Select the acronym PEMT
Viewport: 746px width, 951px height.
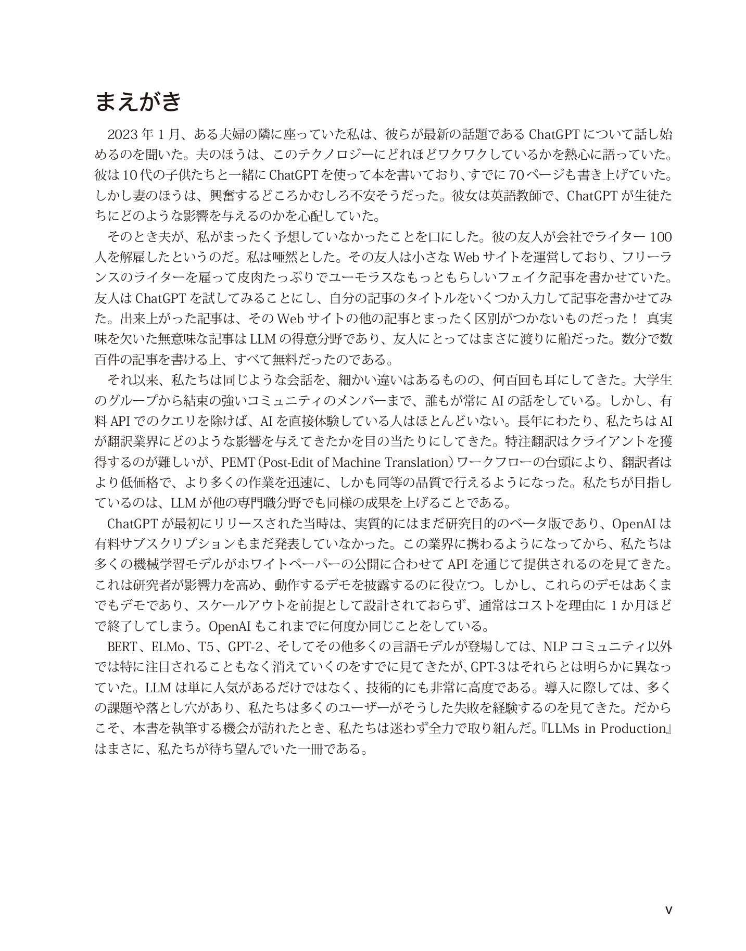237,462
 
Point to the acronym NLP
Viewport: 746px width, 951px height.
554,647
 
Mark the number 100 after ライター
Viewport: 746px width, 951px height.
661,237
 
